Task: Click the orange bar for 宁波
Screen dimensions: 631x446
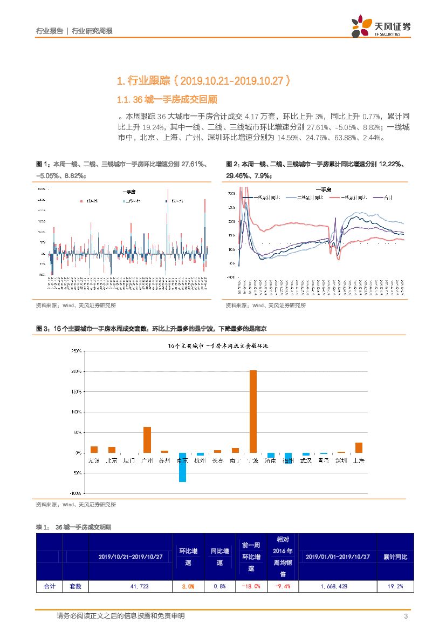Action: point(253,411)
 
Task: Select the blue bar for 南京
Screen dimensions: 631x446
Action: point(183,467)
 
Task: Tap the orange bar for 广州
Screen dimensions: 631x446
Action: point(147,439)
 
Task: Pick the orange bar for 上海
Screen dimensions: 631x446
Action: point(359,447)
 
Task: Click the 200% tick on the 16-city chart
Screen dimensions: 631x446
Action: point(76,371)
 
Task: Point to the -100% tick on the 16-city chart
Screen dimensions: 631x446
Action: point(75,493)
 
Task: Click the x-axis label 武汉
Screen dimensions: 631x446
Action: point(306,460)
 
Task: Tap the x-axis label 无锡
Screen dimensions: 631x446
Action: point(94,460)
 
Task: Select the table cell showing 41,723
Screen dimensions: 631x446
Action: point(130,586)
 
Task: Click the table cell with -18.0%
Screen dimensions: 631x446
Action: point(251,586)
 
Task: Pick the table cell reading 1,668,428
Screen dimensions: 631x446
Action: point(337,586)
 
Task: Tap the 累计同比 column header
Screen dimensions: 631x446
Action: point(395,557)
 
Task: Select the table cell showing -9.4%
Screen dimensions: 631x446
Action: point(283,586)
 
